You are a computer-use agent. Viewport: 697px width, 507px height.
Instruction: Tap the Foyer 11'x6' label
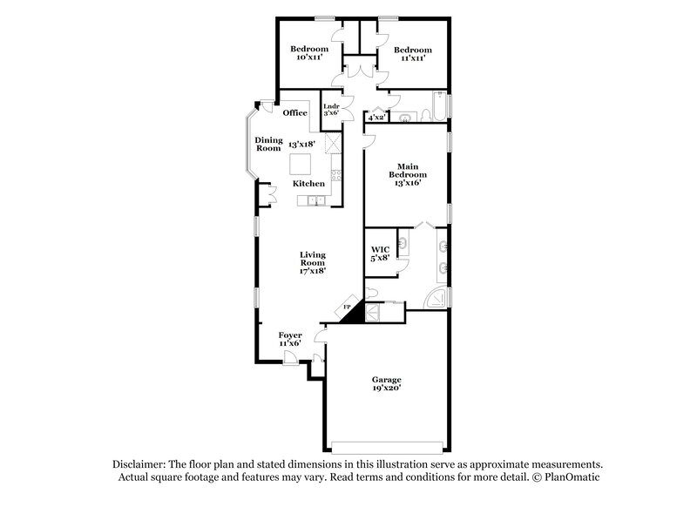point(290,338)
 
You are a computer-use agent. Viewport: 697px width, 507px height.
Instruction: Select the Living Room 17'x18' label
point(312,262)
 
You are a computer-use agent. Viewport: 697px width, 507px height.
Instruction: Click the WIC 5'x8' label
point(380,253)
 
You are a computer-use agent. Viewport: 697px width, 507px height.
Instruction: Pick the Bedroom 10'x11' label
point(309,53)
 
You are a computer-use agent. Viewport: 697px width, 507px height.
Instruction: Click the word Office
point(295,112)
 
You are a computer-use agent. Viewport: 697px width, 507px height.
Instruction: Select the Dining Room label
point(267,144)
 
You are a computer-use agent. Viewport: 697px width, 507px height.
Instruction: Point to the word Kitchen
point(308,184)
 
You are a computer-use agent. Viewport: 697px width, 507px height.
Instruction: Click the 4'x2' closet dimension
point(376,117)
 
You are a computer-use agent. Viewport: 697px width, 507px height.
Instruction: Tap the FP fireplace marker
point(346,308)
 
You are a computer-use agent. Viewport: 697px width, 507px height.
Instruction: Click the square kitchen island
point(301,164)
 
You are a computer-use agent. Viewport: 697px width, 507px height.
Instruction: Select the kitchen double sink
point(314,202)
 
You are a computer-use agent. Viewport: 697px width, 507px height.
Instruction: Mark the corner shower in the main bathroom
point(436,299)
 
